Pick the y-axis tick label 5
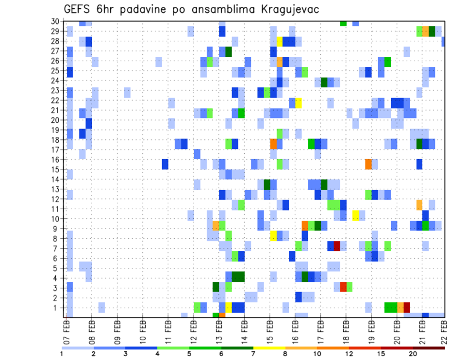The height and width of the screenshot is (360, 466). coord(57,268)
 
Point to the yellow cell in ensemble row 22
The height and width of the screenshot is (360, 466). coord(299,103)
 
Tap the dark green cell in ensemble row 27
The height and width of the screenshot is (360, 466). coord(229,51)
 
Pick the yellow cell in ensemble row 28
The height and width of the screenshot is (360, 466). coord(280,41)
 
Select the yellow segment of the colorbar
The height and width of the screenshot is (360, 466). coord(269,348)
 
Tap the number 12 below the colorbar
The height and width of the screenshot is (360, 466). coord(349,354)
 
